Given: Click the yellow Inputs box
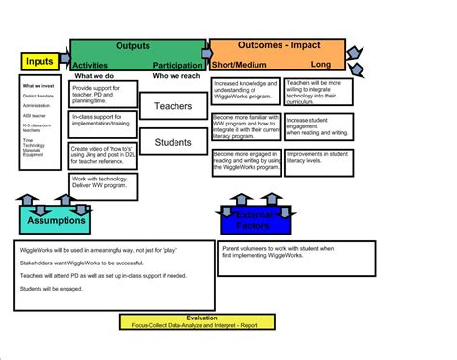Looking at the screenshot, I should [x=40, y=62].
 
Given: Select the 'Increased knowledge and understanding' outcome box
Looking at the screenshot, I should [x=245, y=93].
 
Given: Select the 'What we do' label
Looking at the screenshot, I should [x=96, y=75].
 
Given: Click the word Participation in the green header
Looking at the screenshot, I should [x=177, y=65].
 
